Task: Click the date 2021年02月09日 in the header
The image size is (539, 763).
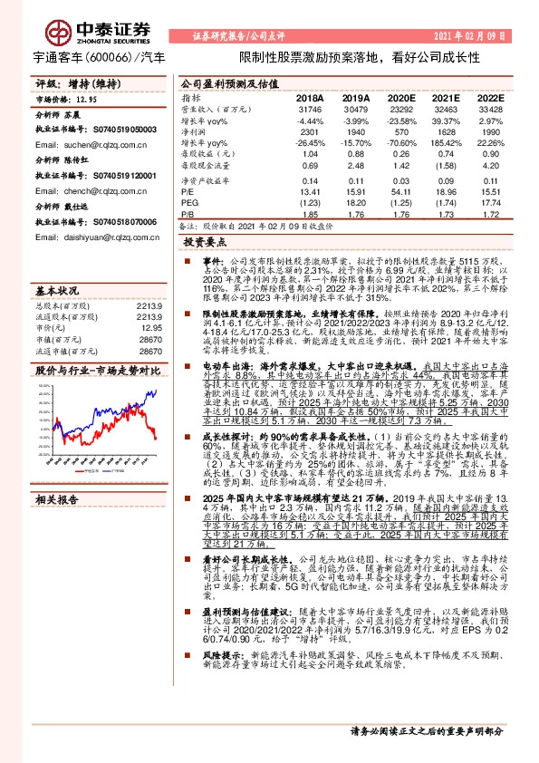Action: [x=469, y=36]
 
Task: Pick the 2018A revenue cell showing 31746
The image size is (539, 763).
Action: [x=311, y=109]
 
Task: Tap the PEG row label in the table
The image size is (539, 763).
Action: [x=191, y=202]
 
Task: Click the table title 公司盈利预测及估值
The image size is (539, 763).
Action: [x=224, y=82]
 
